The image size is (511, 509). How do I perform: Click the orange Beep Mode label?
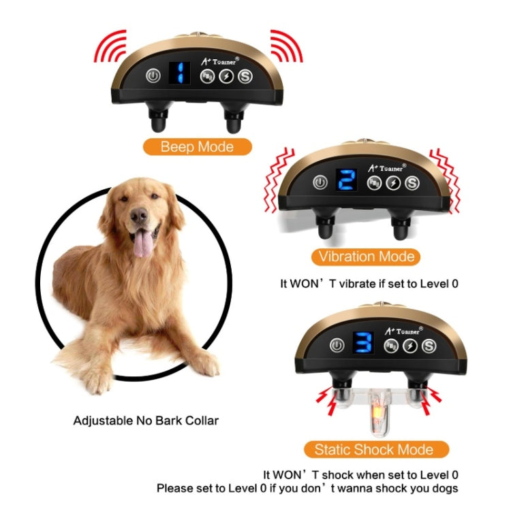point(197,146)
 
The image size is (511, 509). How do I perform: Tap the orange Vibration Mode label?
point(366,257)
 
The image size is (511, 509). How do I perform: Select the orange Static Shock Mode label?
point(373,450)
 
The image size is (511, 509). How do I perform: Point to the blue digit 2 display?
point(346,181)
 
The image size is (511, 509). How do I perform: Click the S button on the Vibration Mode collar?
point(412,182)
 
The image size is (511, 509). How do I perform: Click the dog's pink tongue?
point(143,243)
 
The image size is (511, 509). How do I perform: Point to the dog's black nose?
point(139,216)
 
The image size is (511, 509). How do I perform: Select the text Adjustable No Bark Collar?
point(146,421)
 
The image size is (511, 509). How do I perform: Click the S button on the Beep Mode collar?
point(245,76)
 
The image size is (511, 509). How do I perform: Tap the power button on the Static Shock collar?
point(335,346)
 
